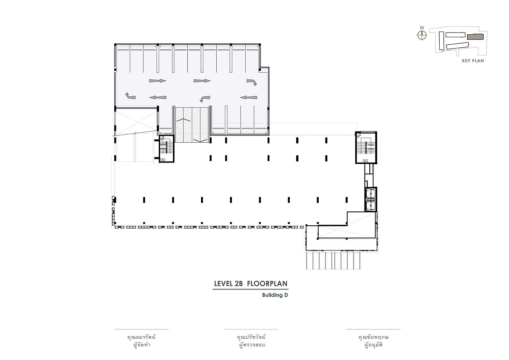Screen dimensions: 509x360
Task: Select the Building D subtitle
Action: (x=275, y=295)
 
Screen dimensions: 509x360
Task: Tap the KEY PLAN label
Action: (x=473, y=61)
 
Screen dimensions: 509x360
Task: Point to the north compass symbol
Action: (x=422, y=35)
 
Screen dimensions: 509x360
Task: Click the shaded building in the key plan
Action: (x=475, y=37)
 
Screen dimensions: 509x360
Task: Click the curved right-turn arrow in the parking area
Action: (x=252, y=82)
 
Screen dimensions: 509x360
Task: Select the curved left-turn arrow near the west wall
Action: (x=130, y=96)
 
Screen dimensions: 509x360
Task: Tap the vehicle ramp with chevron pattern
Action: (x=192, y=125)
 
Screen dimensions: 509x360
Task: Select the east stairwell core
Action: (x=366, y=147)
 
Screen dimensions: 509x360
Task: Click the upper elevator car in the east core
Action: (x=371, y=193)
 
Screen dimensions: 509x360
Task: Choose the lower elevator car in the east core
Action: (x=371, y=206)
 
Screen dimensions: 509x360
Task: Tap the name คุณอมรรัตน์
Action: (x=142, y=337)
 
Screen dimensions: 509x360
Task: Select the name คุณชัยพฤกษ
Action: (x=373, y=337)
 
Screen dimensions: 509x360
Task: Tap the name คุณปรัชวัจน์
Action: (x=251, y=337)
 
